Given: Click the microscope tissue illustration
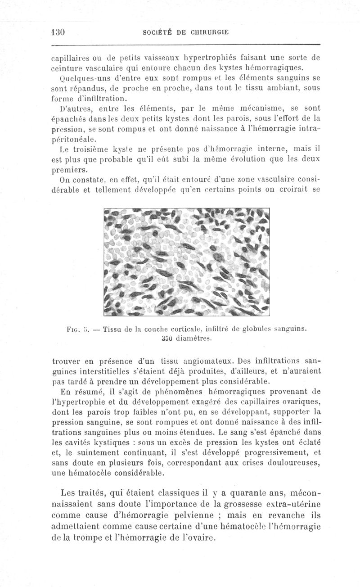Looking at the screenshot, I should click(186, 262).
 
